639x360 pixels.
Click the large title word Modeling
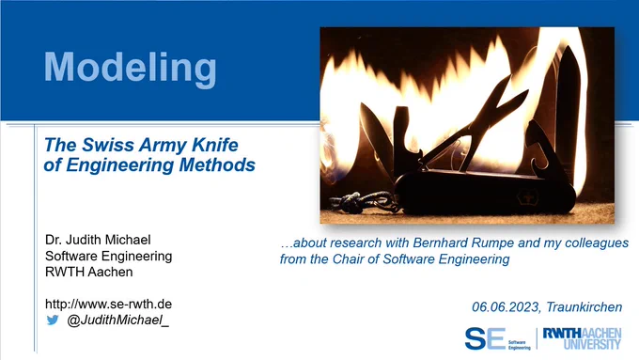click(x=130, y=69)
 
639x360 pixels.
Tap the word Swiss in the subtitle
click(x=108, y=145)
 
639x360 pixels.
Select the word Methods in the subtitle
click(x=217, y=164)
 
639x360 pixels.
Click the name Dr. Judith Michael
click(x=98, y=240)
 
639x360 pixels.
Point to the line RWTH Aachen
click(x=89, y=272)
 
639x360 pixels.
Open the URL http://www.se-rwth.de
click(x=108, y=305)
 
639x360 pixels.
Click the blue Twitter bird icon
click(x=53, y=320)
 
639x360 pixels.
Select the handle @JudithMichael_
click(x=117, y=320)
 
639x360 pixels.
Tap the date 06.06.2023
click(x=506, y=307)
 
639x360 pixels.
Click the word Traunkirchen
click(x=584, y=307)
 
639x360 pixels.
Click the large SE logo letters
click(x=485, y=338)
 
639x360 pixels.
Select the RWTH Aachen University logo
click(x=583, y=338)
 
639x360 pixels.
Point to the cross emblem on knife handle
click(x=528, y=198)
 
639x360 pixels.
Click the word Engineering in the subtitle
click(x=120, y=165)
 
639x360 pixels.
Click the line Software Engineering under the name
click(x=108, y=256)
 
